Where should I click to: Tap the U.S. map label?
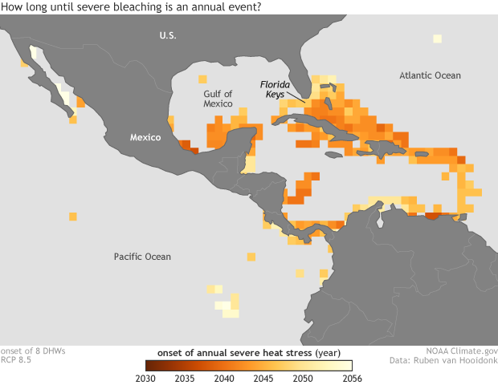167,35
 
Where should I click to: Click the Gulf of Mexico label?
218,99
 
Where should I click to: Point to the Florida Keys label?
276,88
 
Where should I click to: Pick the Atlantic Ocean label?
431,75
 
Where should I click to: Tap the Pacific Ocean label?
141,257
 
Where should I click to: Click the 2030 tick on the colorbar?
145,379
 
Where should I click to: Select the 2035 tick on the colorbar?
185,379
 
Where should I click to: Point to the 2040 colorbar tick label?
224,379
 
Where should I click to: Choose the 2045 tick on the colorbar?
263,379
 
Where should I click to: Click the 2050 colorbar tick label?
303,379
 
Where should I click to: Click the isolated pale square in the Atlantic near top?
437,38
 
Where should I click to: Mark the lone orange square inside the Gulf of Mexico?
202,79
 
